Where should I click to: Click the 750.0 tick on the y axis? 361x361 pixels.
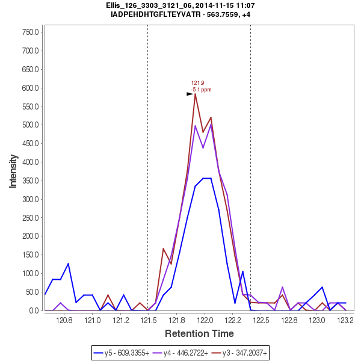click(x=31, y=32)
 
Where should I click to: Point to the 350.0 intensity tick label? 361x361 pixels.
click(x=31, y=180)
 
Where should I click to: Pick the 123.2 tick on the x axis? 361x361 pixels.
click(x=345, y=321)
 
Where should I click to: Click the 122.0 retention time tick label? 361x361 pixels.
click(x=206, y=321)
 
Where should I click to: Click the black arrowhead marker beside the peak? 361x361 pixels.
click(x=190, y=94)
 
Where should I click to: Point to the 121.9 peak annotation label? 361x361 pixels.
click(x=198, y=83)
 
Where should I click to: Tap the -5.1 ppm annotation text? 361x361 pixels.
click(x=201, y=90)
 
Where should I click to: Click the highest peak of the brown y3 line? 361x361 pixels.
click(x=196, y=94)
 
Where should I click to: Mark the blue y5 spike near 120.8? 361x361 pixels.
click(x=68, y=264)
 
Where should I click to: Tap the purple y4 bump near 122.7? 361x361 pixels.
click(x=282, y=287)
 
